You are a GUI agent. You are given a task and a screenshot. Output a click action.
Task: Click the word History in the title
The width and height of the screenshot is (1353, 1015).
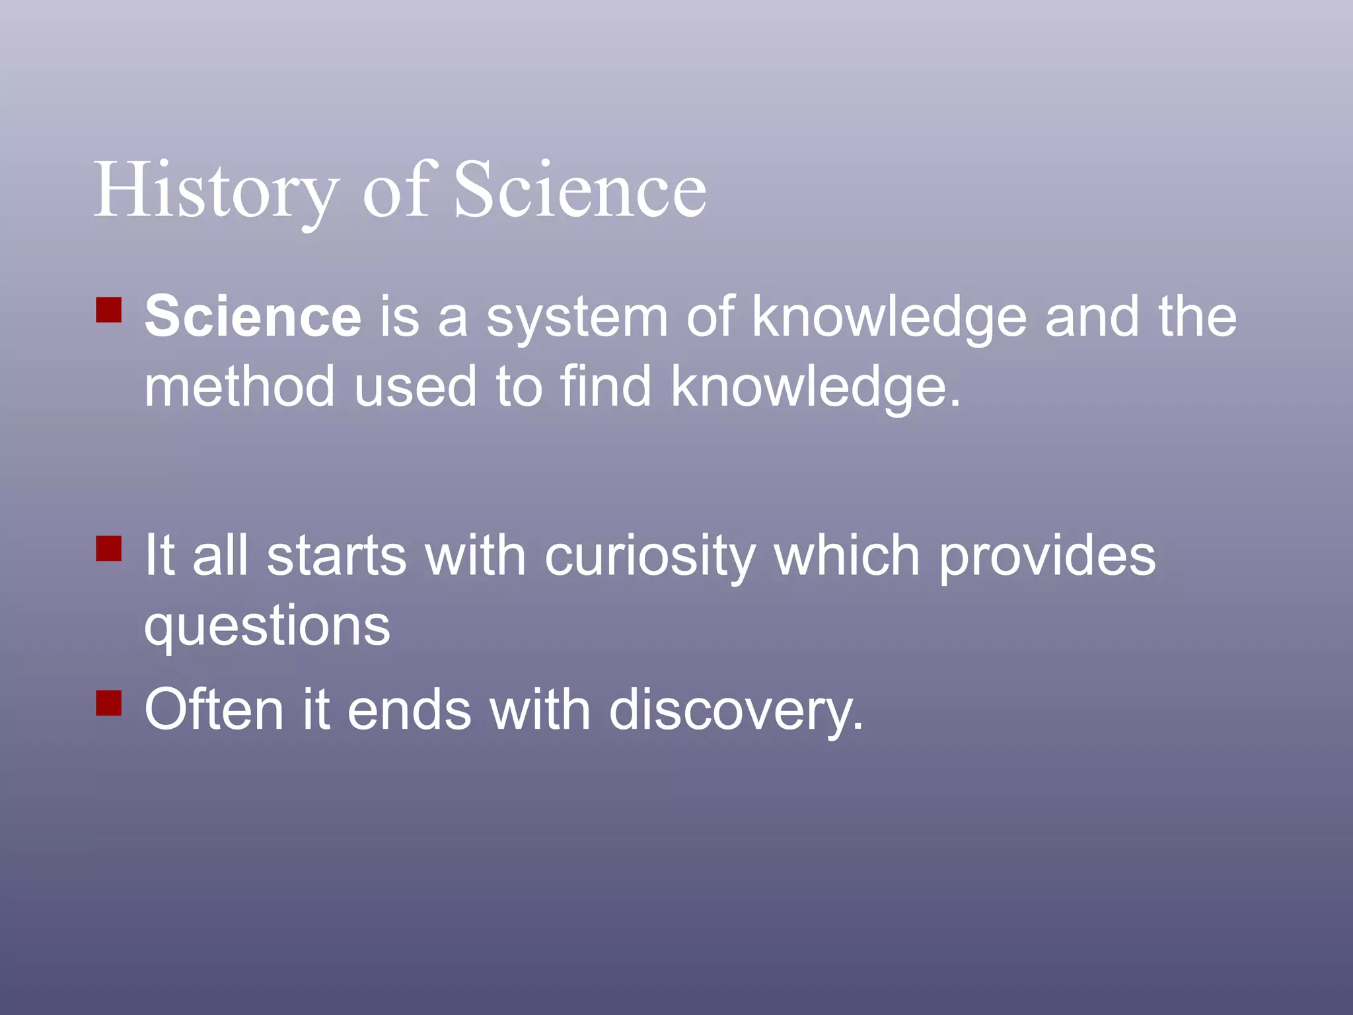click(x=215, y=192)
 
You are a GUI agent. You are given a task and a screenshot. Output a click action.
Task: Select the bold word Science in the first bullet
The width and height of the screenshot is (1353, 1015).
click(x=253, y=317)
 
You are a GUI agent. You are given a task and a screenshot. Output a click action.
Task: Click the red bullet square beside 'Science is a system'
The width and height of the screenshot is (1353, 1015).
click(x=109, y=309)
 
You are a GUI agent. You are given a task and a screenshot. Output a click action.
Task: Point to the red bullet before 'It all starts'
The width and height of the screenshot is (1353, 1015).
click(x=109, y=548)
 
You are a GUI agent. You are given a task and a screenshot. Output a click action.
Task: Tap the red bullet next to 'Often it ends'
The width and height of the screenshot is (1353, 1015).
click(x=109, y=702)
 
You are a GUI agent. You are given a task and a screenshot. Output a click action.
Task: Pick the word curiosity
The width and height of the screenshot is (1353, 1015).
click(x=649, y=557)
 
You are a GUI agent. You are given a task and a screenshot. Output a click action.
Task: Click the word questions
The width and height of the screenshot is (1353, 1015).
click(x=267, y=626)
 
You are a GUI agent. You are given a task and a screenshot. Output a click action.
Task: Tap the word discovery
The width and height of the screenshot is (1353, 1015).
click(x=735, y=711)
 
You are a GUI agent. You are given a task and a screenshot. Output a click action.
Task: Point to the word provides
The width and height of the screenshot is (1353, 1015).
click(x=1047, y=557)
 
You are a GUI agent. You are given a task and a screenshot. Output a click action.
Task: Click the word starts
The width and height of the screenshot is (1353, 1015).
click(x=336, y=556)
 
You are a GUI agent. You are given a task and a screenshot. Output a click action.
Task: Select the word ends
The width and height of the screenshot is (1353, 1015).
click(x=409, y=710)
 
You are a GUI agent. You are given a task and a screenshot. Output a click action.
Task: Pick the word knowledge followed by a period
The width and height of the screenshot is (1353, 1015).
click(x=815, y=388)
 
